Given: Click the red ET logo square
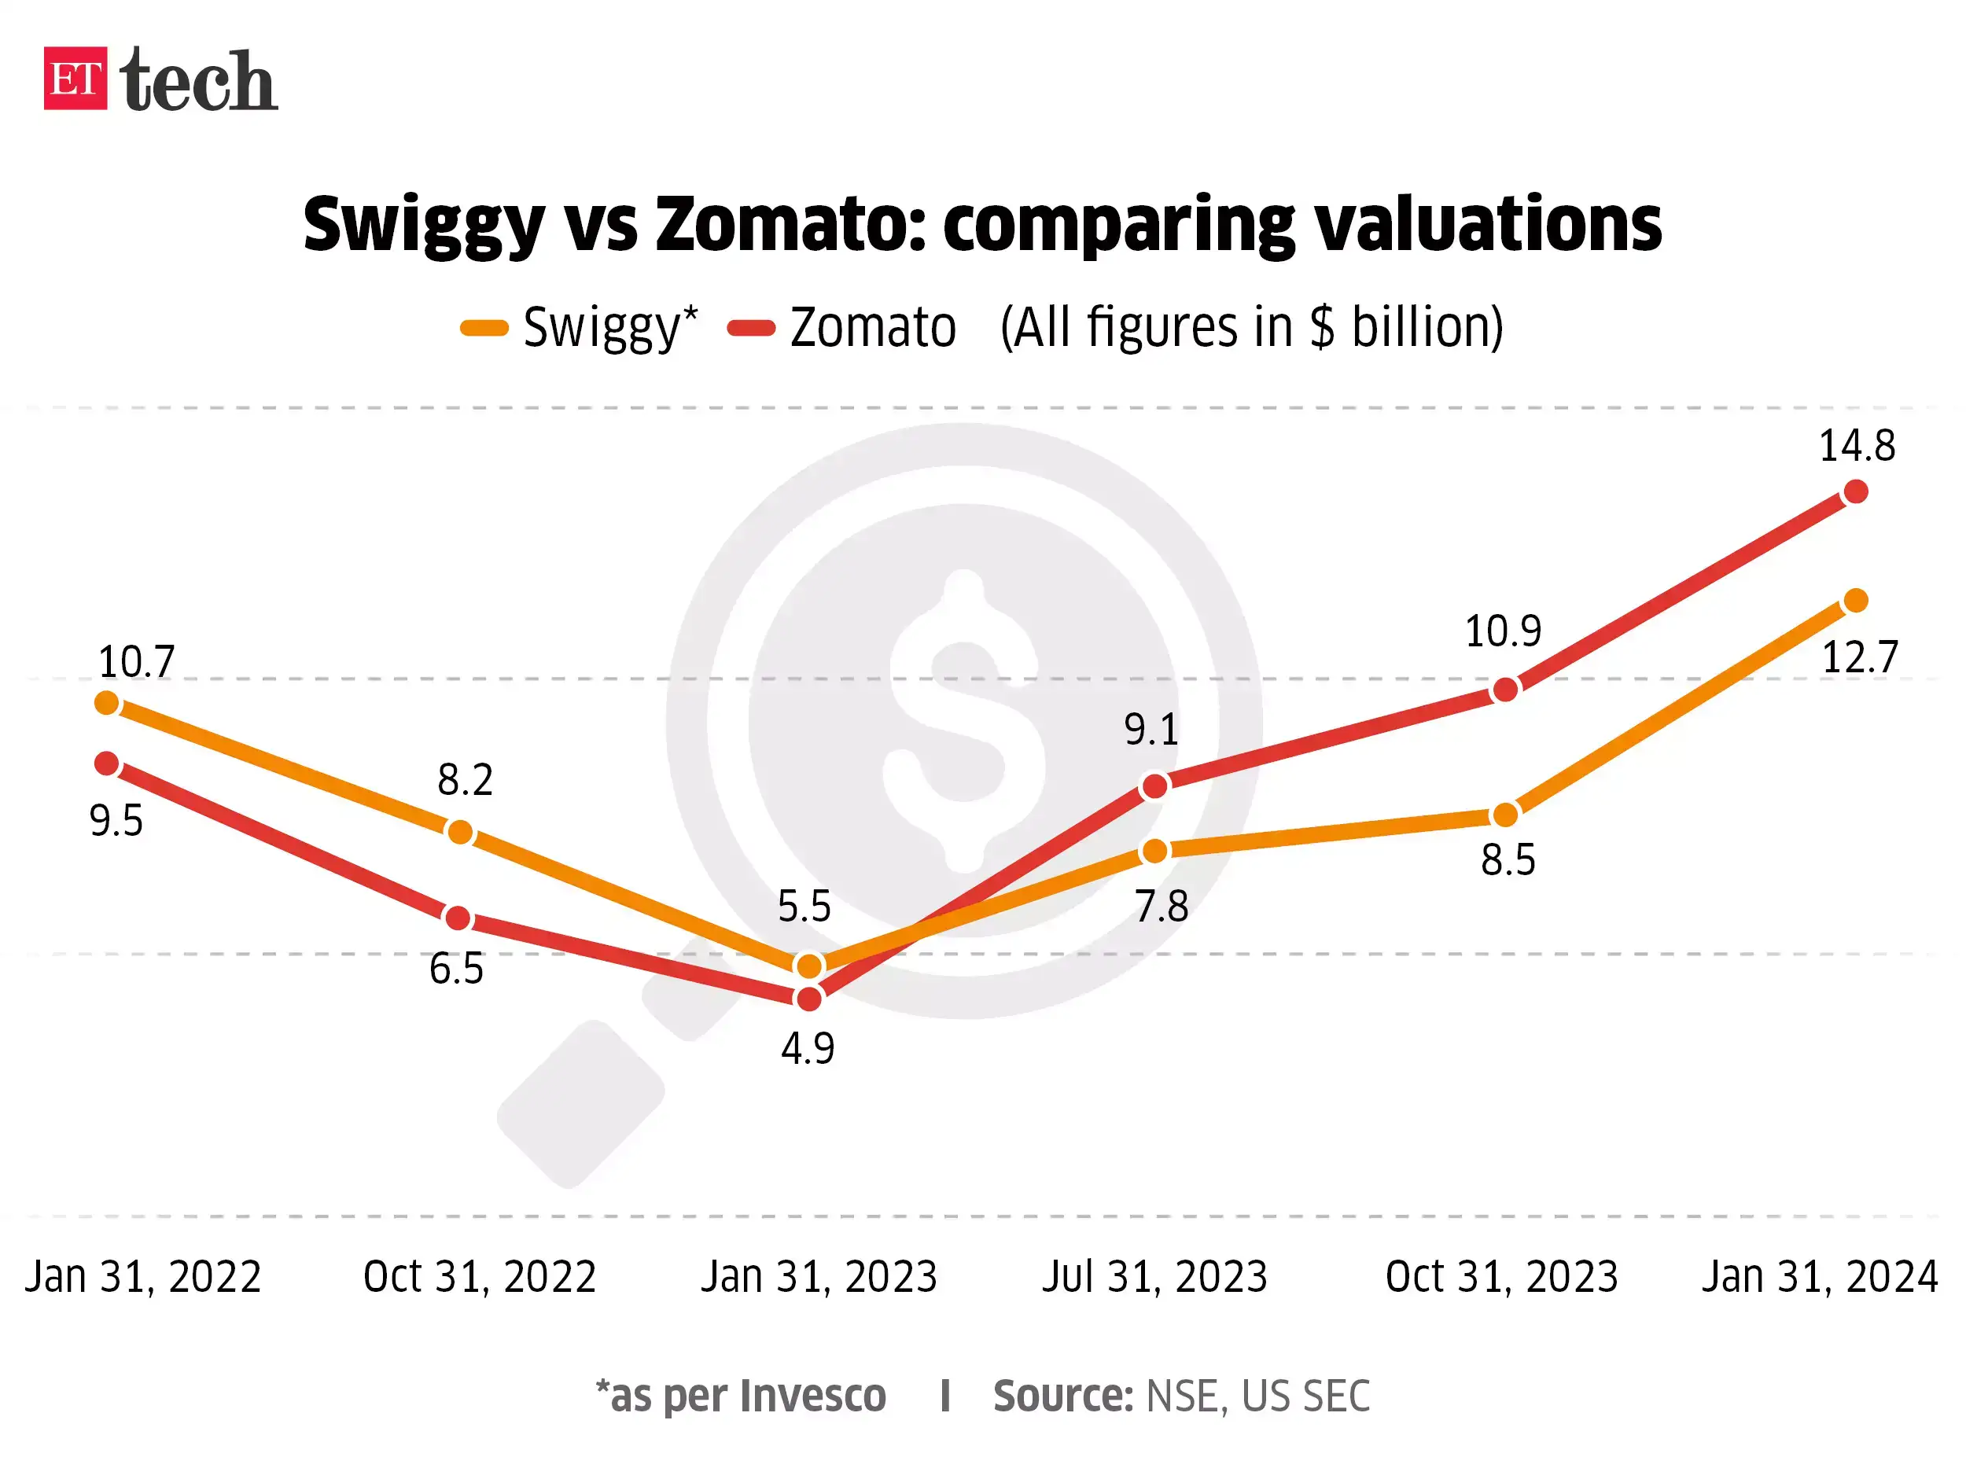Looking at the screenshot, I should point(75,79).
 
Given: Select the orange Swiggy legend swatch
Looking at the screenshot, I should point(484,329).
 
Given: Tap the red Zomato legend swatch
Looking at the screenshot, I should point(751,329).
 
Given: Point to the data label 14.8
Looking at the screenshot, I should point(1857,446).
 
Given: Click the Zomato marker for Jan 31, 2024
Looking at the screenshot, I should point(1856,491).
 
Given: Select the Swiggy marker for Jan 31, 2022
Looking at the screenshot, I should point(107,703).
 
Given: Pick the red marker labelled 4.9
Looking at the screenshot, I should point(808,999).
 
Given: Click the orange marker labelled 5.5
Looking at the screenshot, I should point(808,965).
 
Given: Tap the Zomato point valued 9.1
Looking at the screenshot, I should point(1154,786).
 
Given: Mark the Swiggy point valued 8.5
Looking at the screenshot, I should point(1504,815).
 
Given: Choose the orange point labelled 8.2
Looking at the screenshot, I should point(459,833).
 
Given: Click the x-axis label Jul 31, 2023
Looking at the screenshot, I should point(1154,1278).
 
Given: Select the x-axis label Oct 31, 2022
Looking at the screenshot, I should point(479,1278).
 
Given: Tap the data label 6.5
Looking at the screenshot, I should point(456,969).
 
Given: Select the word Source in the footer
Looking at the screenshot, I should point(1061,1396).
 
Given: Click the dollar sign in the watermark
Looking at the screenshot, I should point(964,719).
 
